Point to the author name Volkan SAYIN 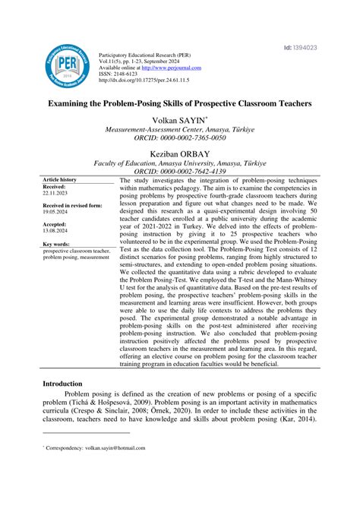[x=179, y=120]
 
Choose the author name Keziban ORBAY [x=180, y=152]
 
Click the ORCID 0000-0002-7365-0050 [x=180, y=139]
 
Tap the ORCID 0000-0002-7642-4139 [x=180, y=172]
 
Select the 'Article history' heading [x=59, y=179]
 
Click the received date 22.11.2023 [x=55, y=193]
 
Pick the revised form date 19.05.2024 [x=55, y=213]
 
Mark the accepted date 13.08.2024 [x=55, y=232]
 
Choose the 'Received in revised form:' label [x=73, y=206]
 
